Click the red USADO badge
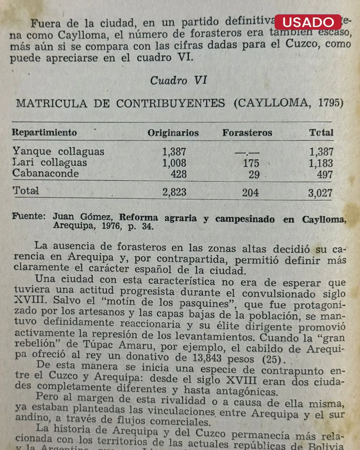(308, 22)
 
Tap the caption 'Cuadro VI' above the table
(178, 81)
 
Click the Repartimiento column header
(44, 133)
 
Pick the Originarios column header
(173, 133)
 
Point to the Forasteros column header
(247, 133)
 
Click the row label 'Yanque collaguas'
(58, 152)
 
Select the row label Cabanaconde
(46, 174)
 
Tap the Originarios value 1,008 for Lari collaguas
(174, 163)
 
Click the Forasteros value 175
(251, 163)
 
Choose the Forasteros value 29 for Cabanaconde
(254, 175)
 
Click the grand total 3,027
(320, 193)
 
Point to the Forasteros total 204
(250, 193)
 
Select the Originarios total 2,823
(174, 192)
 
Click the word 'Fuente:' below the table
(29, 216)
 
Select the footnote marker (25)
(274, 359)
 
